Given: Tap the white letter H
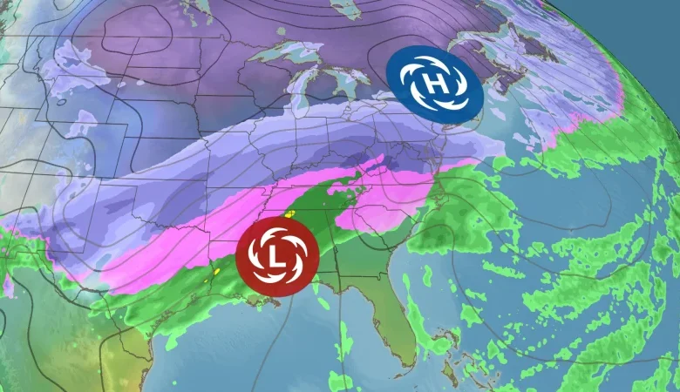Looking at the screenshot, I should (x=436, y=83).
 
